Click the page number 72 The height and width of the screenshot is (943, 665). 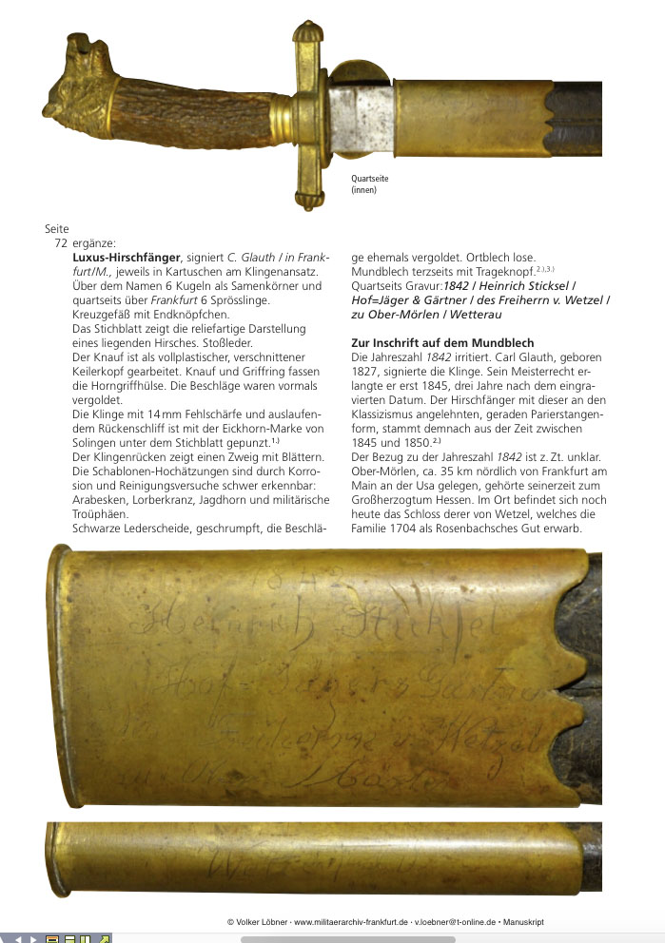60,244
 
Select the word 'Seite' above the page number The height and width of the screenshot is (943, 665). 57,228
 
